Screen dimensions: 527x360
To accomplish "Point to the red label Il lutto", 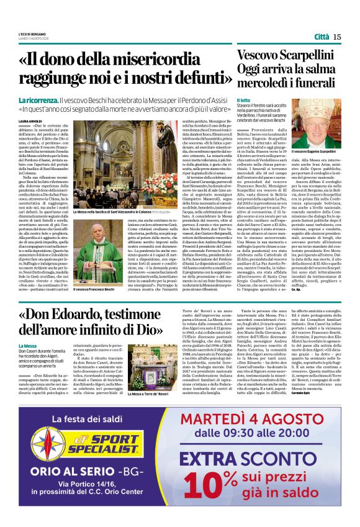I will click(244, 99).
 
